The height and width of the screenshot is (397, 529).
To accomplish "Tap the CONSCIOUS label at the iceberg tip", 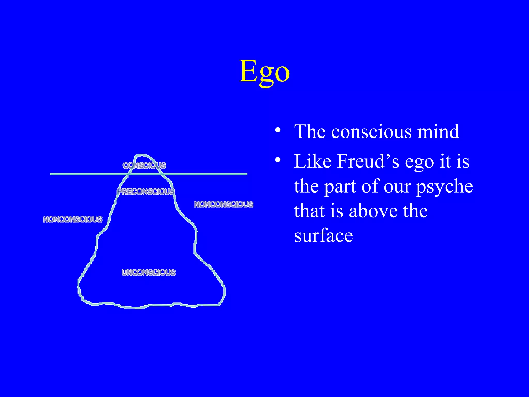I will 144,165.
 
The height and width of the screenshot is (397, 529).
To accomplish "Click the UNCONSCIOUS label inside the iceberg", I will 149,272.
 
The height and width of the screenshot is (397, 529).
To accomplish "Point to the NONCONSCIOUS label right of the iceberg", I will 224,204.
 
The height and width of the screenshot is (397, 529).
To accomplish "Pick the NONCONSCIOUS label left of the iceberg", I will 73,219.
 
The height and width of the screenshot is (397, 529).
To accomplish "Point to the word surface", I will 323,236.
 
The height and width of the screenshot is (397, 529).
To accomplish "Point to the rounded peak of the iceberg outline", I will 142,155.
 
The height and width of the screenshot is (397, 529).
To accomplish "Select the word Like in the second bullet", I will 313,162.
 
